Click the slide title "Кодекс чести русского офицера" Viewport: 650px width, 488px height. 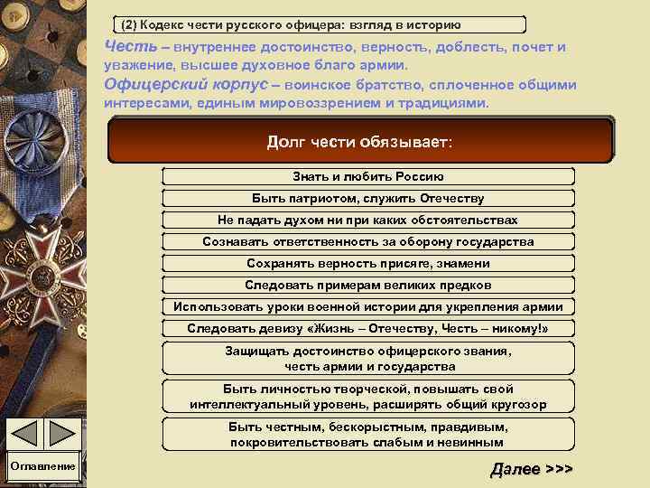(320, 23)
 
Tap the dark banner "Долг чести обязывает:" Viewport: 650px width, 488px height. (360, 143)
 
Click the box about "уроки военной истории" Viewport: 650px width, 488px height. (367, 306)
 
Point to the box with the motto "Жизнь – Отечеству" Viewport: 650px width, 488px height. (367, 328)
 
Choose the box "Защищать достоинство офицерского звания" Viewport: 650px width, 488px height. (367, 359)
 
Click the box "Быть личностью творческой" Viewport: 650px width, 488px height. (367, 397)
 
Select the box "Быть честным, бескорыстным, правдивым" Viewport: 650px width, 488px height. (367, 435)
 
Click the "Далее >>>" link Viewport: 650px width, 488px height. (532, 470)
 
